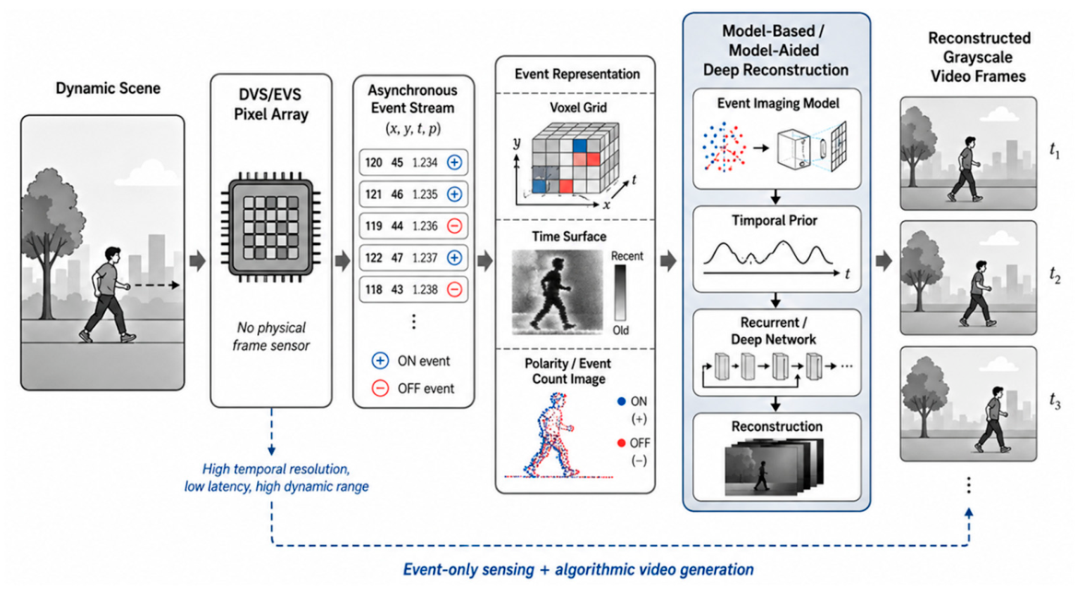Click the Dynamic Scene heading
(108, 88)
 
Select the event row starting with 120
(414, 162)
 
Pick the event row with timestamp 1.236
(414, 226)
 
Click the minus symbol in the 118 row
(454, 290)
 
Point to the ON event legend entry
(411, 361)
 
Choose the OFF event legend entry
(413, 389)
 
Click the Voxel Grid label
(578, 108)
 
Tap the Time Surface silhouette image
(557, 293)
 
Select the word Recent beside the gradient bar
(627, 256)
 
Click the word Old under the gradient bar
(621, 331)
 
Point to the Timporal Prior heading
(775, 221)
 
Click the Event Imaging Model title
(779, 103)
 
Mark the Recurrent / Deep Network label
(774, 331)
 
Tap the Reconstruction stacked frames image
(773, 468)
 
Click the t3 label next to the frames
(1055, 401)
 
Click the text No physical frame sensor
(270, 336)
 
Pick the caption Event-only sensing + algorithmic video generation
(578, 570)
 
